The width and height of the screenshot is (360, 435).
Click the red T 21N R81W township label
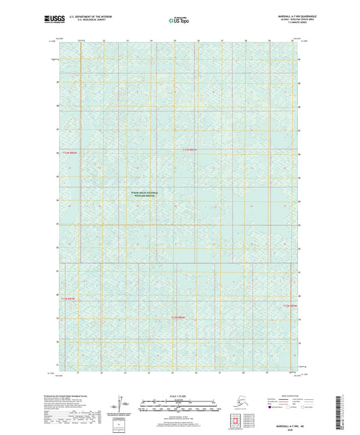192,149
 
